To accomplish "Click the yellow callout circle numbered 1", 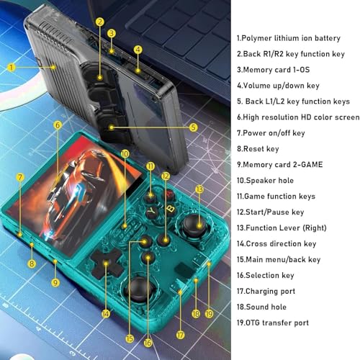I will coord(12,67).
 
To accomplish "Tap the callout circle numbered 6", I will coord(58,125).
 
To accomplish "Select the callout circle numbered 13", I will coord(199,189).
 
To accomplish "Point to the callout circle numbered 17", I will coord(181,335).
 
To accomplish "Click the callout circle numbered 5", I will coord(194,127).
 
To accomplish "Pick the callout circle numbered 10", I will coord(125,153).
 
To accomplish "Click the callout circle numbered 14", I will coord(107,313).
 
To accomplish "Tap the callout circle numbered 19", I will coord(208,313).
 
